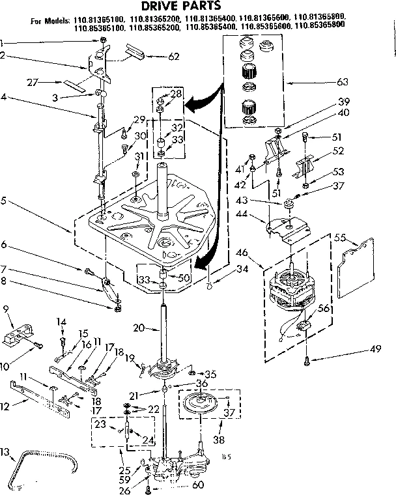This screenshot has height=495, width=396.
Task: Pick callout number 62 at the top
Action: (173, 57)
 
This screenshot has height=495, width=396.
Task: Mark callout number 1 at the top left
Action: (2, 43)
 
